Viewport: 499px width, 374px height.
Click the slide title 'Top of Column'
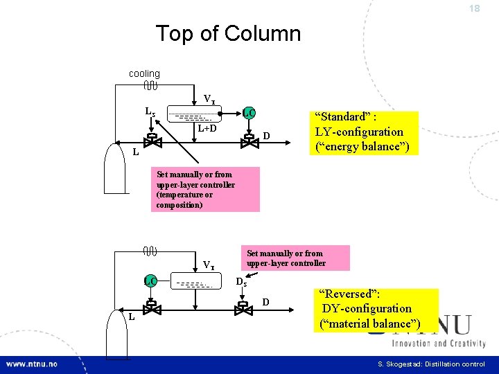[228, 33]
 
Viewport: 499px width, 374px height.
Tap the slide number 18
[474, 8]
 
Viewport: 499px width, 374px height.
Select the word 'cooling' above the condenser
[144, 73]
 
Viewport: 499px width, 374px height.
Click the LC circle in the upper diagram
[248, 113]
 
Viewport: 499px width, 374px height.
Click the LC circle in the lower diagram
[150, 280]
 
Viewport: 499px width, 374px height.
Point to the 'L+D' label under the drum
[207, 128]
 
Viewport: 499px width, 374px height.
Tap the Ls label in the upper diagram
[150, 111]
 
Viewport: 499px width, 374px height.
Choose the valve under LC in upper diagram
[248, 141]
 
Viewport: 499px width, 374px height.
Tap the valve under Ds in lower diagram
[243, 308]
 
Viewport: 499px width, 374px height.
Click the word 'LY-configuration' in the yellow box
[359, 132]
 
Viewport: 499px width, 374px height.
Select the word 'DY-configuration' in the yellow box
[367, 308]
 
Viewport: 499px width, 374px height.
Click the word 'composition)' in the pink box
[180, 205]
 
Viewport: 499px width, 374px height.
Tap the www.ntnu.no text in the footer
[33, 364]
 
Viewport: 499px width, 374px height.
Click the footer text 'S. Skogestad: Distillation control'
[431, 364]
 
